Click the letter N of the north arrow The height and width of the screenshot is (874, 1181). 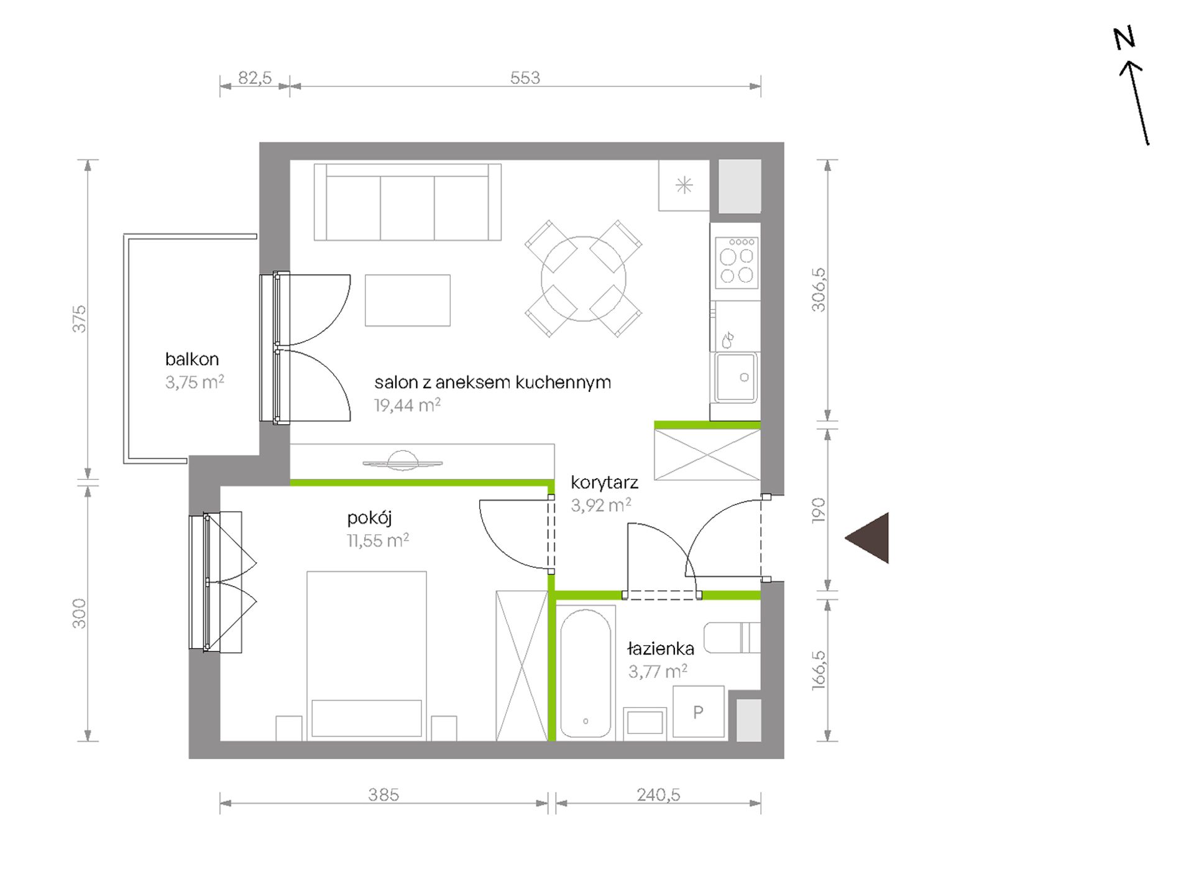[1124, 39]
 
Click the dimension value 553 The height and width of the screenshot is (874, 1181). [525, 78]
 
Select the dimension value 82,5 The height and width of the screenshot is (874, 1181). [255, 78]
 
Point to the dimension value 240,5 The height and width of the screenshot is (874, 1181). [658, 795]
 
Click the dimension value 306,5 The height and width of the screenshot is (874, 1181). [819, 290]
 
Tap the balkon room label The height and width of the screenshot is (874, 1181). [192, 359]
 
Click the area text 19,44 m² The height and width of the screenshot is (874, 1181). [407, 406]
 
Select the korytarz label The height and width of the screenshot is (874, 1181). [604, 483]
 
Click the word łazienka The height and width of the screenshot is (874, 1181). [661, 649]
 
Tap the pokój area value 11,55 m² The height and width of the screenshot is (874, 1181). [378, 541]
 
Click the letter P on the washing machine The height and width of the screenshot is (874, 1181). [698, 712]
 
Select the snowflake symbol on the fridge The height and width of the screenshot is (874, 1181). [684, 185]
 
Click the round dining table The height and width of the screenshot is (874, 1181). [583, 279]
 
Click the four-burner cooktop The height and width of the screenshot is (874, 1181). [737, 263]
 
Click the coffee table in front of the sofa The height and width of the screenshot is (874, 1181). [408, 300]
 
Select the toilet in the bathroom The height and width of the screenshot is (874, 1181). [732, 638]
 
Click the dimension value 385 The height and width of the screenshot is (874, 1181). [384, 795]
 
